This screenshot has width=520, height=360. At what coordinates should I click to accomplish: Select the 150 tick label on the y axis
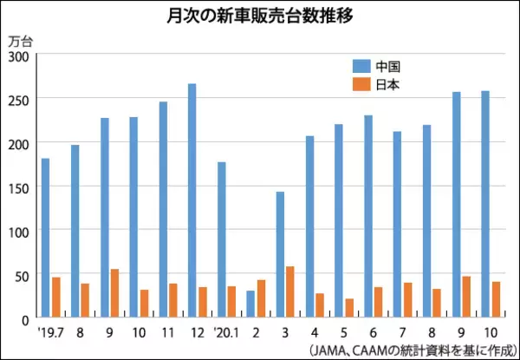[18, 187]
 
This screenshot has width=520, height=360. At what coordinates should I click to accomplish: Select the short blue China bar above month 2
[251, 304]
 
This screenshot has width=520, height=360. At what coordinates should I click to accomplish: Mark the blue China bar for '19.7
[46, 239]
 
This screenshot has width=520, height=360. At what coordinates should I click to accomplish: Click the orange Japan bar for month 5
[349, 309]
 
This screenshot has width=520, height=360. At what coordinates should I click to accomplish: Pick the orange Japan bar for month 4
[320, 306]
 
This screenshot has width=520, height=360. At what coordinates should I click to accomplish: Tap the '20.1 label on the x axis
[225, 331]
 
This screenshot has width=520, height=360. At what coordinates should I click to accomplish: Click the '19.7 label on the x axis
[49, 331]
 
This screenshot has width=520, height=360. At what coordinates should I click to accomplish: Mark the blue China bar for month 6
[368, 217]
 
